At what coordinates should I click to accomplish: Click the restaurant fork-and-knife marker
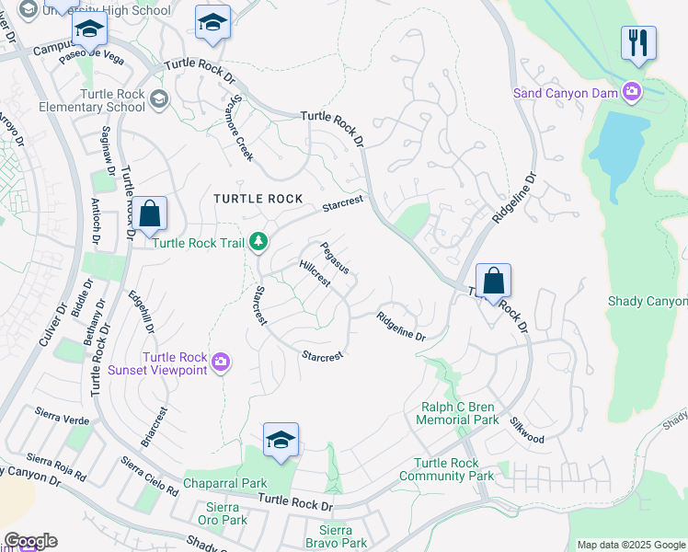638,42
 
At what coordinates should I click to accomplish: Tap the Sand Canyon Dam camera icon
632,91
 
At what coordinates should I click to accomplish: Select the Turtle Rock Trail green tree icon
259,242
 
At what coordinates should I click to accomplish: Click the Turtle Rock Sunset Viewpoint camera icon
220,362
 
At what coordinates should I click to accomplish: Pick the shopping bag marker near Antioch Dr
149,214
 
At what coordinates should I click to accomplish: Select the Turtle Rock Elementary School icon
158,99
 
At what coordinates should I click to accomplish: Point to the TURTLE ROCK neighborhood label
251,199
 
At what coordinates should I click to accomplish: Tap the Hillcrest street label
315,273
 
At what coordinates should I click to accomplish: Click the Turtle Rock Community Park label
447,469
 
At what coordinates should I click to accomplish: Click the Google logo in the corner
30,541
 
